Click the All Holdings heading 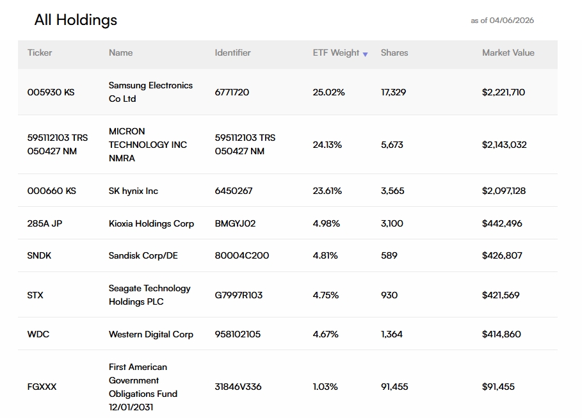point(76,20)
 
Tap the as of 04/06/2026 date point(502,20)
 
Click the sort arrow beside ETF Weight point(365,54)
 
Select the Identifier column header point(232,52)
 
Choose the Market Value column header point(508,52)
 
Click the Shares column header point(394,52)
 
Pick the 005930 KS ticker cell point(51,92)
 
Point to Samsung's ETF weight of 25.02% point(328,92)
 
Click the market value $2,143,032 point(504,145)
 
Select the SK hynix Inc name point(133,191)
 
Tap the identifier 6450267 point(234,191)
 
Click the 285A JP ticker point(45,223)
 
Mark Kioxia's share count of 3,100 point(392,223)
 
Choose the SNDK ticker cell point(39,255)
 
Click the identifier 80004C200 point(241,255)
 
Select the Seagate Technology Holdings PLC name point(150,294)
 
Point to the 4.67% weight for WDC point(325,334)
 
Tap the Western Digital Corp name point(151,334)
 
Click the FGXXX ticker point(42,387)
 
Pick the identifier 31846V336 point(238,387)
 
